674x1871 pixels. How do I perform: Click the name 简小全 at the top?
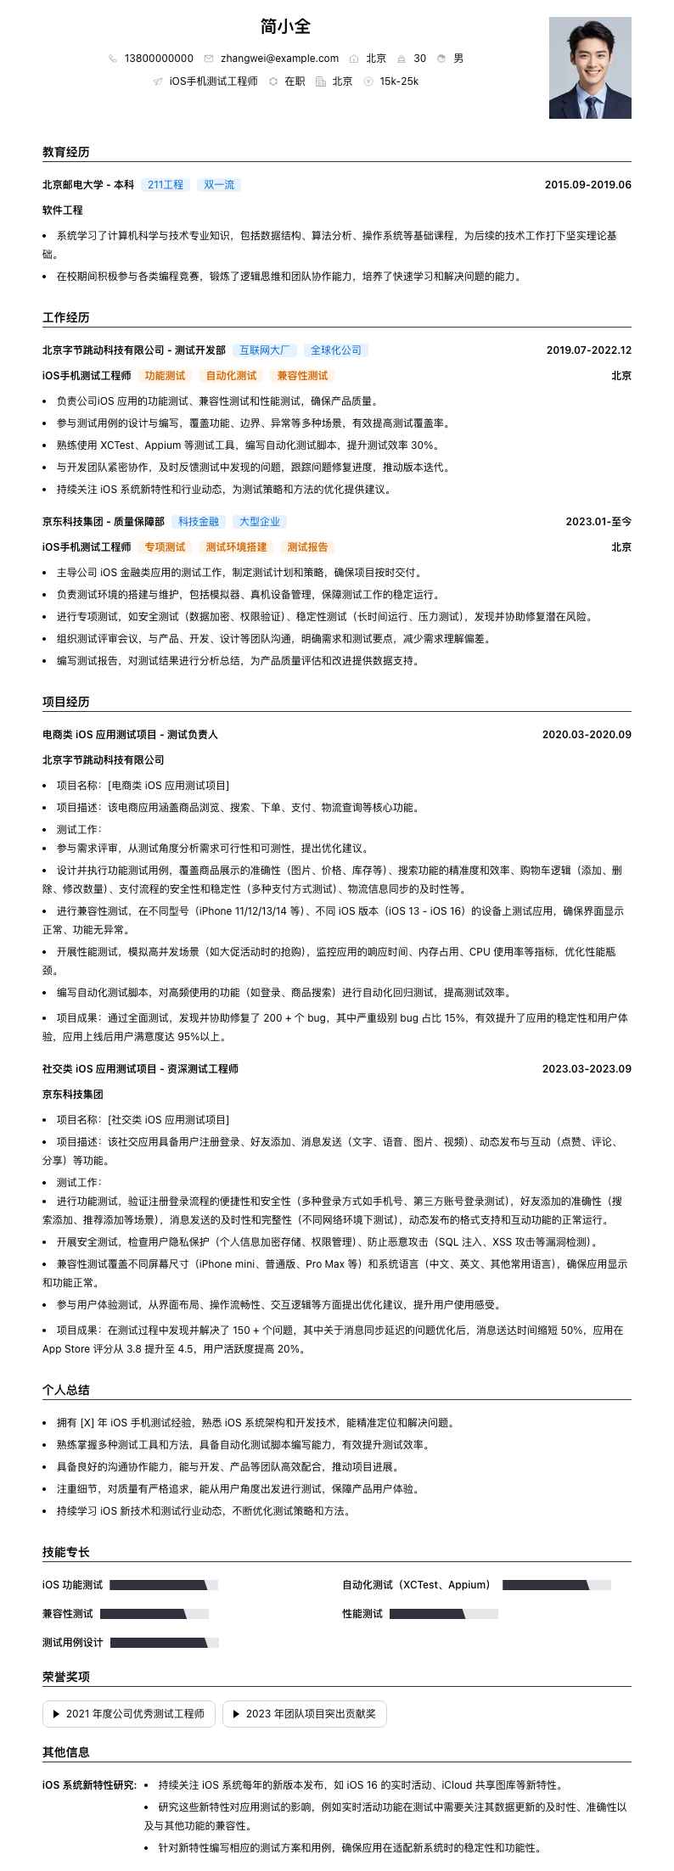click(285, 26)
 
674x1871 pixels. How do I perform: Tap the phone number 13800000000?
click(159, 59)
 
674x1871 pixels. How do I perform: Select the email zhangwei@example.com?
click(279, 59)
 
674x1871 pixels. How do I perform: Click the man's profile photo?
click(590, 68)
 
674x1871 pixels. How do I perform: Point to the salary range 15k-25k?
click(399, 81)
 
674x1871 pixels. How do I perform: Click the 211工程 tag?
click(166, 185)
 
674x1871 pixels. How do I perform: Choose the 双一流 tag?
click(219, 185)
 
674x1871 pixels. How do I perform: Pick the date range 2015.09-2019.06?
click(587, 185)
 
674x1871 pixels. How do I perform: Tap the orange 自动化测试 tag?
click(231, 376)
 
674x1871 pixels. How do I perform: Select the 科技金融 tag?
click(199, 522)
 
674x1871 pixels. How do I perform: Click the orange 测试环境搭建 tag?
click(236, 547)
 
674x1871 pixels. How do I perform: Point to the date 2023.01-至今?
click(598, 522)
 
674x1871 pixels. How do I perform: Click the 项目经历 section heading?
click(66, 702)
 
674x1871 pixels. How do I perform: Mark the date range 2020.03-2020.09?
click(587, 735)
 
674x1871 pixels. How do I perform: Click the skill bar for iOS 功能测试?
click(164, 1585)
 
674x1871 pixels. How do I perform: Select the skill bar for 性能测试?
click(443, 1614)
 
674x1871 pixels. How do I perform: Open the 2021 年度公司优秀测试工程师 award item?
click(129, 1714)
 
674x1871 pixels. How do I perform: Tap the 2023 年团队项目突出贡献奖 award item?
click(305, 1714)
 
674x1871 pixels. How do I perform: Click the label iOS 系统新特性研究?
click(89, 1785)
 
